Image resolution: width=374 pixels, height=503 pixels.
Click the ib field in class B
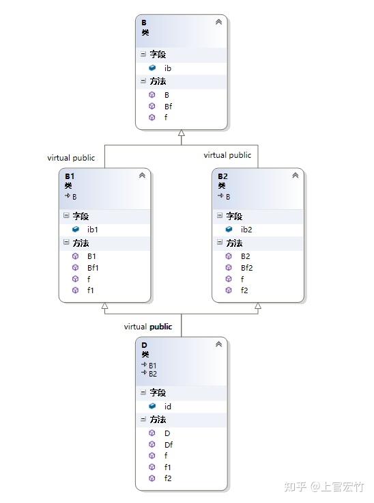168,68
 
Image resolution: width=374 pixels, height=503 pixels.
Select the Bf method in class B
169,106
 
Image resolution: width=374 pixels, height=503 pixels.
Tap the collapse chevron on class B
218,22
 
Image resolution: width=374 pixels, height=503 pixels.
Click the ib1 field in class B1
92,230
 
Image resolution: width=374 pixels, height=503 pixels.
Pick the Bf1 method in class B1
93,268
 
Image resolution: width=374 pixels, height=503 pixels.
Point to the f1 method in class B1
90,290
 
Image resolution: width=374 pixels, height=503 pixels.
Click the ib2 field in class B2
246,230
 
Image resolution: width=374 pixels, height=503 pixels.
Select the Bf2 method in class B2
246,268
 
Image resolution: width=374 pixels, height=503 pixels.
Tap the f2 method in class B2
244,290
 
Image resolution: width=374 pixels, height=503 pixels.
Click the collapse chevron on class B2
295,176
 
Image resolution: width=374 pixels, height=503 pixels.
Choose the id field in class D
168,407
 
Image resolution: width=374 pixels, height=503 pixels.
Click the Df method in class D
169,445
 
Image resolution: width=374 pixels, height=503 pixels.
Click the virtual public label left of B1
71,158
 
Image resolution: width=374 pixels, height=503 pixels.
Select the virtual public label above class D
148,327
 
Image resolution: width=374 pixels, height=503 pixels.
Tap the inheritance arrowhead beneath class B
182,133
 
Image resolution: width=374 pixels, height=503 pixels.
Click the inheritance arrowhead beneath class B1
105,305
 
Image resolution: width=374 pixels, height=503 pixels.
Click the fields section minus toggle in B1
66,215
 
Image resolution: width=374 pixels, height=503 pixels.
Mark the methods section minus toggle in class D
143,419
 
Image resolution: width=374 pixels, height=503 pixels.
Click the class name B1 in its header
70,176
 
